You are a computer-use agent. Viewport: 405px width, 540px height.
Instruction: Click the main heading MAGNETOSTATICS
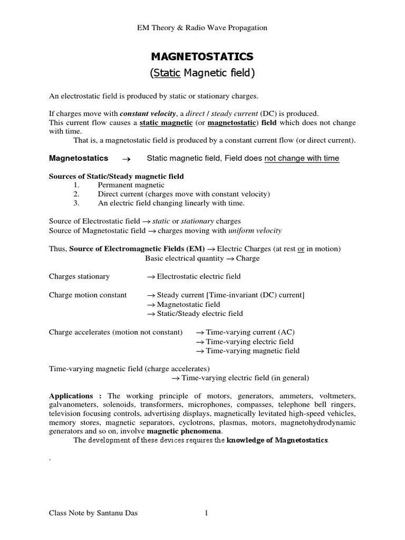point(202,56)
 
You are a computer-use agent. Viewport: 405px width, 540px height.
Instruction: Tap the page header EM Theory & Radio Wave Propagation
point(202,28)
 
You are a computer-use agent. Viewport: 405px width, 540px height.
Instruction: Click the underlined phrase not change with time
point(302,158)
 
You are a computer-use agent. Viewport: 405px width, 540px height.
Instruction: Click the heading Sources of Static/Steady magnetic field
point(117,176)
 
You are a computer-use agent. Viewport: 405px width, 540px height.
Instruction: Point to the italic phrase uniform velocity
point(255,230)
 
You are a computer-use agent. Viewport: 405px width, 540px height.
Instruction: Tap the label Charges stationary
point(79,276)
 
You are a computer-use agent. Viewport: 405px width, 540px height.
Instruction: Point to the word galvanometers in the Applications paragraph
point(75,405)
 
